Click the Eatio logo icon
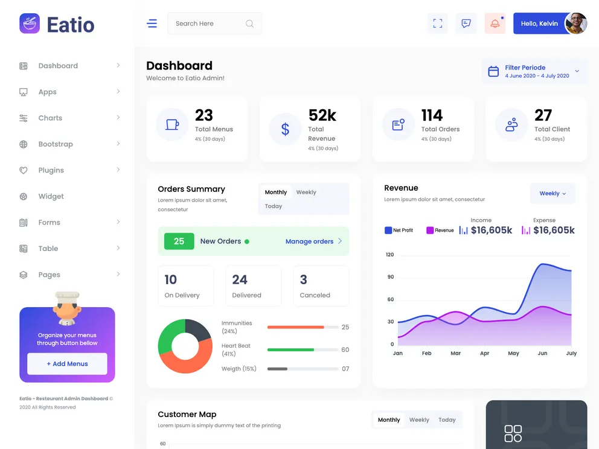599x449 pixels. (x=30, y=24)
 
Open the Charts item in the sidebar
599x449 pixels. (x=50, y=118)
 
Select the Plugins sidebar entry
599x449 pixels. (x=51, y=170)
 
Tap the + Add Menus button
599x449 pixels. (x=67, y=364)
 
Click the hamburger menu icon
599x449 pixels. (x=152, y=24)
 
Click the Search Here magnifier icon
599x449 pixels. (x=249, y=24)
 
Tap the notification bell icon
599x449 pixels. (x=495, y=24)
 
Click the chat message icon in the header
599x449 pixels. (x=466, y=24)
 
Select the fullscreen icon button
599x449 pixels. (x=437, y=24)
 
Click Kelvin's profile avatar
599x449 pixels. (x=575, y=24)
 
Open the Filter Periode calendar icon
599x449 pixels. (x=493, y=71)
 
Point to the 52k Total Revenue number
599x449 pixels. (x=322, y=115)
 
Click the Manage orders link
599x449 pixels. (x=309, y=241)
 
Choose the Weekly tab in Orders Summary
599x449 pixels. (x=306, y=193)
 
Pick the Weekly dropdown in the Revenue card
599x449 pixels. (x=553, y=194)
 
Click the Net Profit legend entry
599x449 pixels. (x=399, y=230)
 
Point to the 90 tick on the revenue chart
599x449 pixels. (x=391, y=277)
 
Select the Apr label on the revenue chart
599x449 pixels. (x=484, y=353)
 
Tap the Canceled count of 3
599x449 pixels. (x=303, y=279)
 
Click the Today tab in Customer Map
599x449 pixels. (x=447, y=420)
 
